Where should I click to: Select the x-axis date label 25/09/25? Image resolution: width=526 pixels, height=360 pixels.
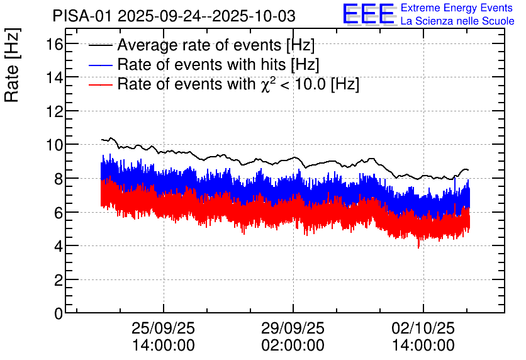(164, 329)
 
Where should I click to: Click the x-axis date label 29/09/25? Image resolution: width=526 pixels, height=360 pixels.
(293, 329)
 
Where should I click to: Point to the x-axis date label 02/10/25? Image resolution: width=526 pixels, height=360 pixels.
(423, 329)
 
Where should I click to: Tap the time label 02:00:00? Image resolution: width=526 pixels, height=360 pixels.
(293, 346)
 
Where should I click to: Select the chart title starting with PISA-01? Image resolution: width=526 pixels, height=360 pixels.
(174, 15)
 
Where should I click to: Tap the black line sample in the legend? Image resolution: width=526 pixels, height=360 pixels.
(101, 46)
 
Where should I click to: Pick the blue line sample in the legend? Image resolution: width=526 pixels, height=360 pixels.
(101, 65)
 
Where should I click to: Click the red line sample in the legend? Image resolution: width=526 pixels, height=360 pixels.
(101, 84)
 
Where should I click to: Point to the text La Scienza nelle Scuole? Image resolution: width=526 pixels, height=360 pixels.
(457, 21)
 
